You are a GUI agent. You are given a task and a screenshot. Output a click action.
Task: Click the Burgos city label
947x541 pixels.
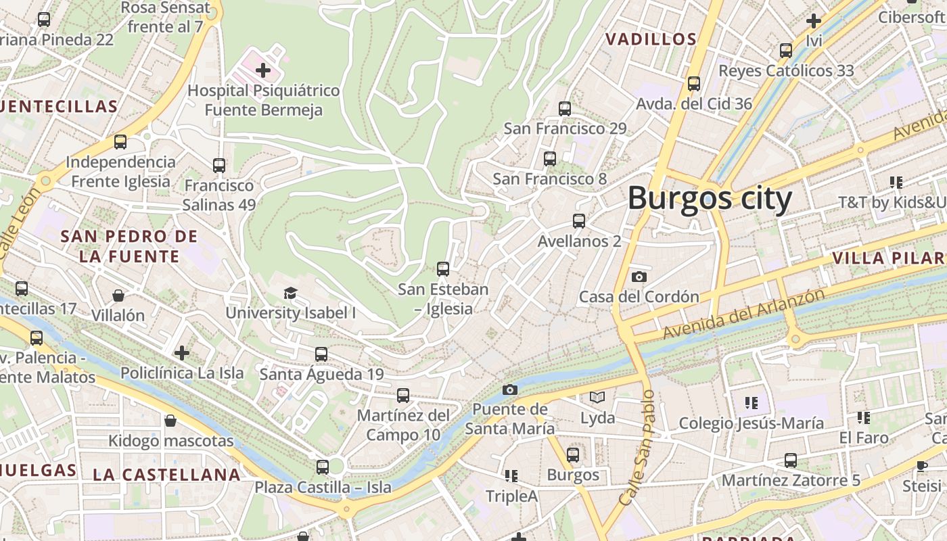[x=710, y=199]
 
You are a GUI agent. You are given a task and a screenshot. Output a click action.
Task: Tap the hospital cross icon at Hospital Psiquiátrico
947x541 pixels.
[x=263, y=70]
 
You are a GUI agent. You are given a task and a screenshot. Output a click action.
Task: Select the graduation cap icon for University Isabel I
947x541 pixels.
[x=290, y=293]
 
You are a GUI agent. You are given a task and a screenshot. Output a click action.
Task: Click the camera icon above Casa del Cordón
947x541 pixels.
[x=639, y=277]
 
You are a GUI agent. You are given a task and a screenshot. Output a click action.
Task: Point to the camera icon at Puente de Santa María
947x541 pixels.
[x=510, y=390]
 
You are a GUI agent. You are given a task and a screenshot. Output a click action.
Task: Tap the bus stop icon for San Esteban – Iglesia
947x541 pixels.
[x=443, y=269]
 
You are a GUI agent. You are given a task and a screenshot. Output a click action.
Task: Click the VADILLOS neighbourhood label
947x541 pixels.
[x=651, y=39]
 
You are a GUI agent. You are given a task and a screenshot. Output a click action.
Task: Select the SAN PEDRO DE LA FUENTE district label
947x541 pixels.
[x=129, y=246]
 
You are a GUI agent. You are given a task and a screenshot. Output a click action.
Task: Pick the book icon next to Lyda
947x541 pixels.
[x=597, y=398]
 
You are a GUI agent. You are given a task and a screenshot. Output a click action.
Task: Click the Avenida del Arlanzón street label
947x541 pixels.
[x=744, y=314]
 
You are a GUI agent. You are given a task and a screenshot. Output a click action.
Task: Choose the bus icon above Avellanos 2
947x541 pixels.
[x=579, y=221]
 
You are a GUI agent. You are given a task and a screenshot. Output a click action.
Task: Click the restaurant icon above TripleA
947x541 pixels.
[x=511, y=476]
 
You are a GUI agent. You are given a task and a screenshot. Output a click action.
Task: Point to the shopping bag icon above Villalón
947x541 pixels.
[x=118, y=296]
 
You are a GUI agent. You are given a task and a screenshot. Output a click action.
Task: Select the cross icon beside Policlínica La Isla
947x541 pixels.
[x=182, y=353]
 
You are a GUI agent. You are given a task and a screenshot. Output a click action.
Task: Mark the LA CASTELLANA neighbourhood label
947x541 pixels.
[x=166, y=475]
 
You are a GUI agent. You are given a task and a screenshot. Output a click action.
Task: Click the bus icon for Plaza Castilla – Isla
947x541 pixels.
[x=323, y=467]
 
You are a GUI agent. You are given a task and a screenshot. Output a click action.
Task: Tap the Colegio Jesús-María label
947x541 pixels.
[x=751, y=423]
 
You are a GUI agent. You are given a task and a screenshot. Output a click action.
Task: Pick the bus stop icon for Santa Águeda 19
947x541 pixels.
[x=321, y=354]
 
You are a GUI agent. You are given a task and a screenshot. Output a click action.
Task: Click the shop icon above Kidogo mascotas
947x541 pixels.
[x=171, y=421]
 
